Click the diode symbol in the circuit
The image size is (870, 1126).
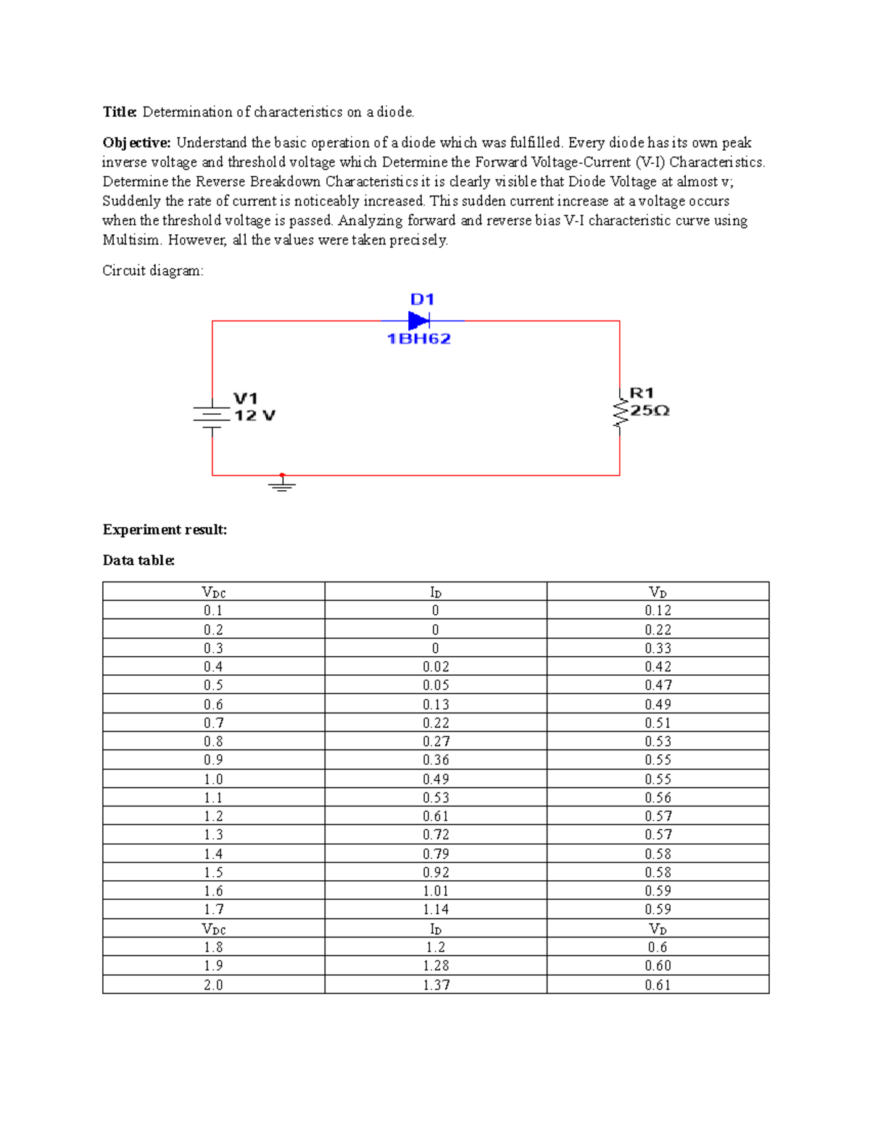click(x=419, y=320)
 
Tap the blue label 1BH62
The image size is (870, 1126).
click(x=418, y=339)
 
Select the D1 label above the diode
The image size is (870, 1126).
click(x=422, y=299)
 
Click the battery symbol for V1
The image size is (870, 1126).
click(x=212, y=415)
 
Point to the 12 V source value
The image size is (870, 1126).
click(x=254, y=415)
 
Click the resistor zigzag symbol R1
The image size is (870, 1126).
click(x=620, y=411)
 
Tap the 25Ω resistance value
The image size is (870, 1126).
click(x=650, y=410)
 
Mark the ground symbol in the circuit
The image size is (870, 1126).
click(x=282, y=484)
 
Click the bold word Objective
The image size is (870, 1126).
click(x=136, y=143)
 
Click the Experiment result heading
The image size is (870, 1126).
click(x=165, y=530)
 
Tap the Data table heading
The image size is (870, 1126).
click(x=138, y=560)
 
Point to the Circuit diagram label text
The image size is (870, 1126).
click(x=153, y=271)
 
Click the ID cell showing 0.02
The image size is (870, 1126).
click(x=436, y=666)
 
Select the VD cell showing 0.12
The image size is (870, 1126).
click(x=658, y=610)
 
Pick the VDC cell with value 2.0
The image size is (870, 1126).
click(x=213, y=985)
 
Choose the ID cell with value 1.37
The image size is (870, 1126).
click(x=436, y=985)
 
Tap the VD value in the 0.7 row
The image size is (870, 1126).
click(x=658, y=723)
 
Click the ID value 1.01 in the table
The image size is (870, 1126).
click(x=436, y=891)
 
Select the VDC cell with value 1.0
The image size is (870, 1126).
click(x=213, y=779)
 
